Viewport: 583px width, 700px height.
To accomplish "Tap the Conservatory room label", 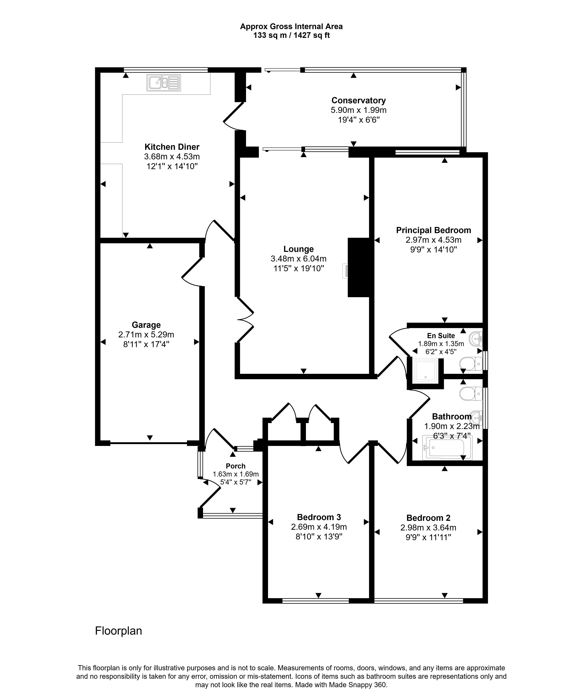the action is [x=359, y=100].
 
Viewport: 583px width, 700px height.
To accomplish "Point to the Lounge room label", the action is [x=298, y=249].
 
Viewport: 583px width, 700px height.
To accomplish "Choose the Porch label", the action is [x=236, y=466].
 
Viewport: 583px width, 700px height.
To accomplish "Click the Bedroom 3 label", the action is [x=319, y=517].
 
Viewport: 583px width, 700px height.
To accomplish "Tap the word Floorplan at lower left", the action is [x=118, y=631].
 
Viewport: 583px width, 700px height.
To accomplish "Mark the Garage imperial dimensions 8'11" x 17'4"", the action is [x=146, y=344].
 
